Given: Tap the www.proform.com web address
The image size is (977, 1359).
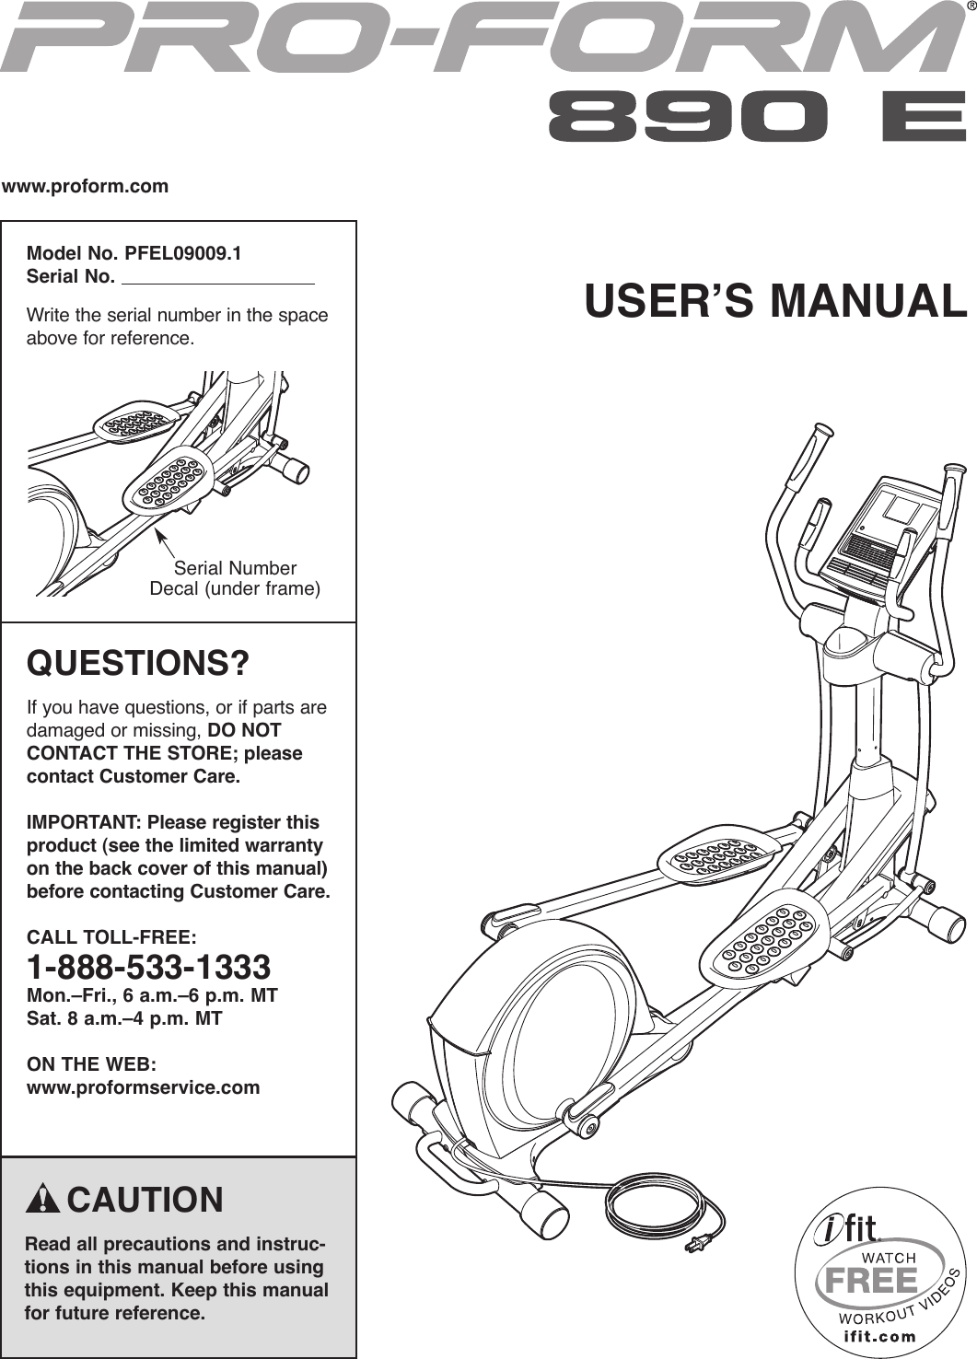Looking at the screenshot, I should [x=86, y=187].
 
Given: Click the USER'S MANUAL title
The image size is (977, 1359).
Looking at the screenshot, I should [x=775, y=301].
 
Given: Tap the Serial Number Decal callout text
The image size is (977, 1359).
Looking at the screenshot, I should [x=235, y=578].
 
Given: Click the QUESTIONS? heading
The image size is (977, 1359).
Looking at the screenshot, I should [x=138, y=663].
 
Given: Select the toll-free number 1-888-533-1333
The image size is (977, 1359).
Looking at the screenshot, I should [x=148, y=967].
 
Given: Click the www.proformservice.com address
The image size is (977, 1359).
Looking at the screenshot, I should [x=144, y=1087].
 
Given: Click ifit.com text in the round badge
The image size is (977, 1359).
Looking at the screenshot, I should [x=879, y=1336].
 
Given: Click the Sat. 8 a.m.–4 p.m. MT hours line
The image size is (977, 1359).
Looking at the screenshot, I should [x=124, y=1018].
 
